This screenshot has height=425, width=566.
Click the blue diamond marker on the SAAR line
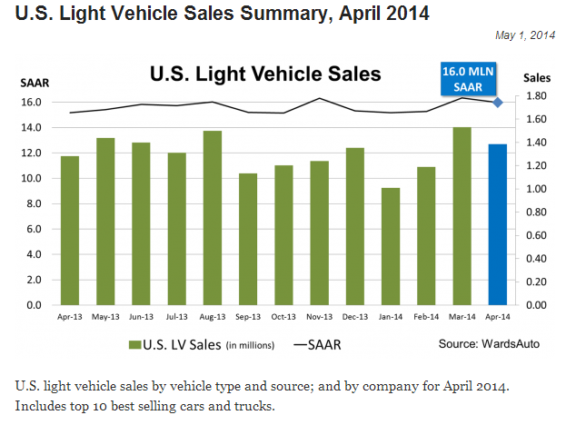(x=498, y=102)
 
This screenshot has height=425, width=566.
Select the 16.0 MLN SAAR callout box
(x=463, y=77)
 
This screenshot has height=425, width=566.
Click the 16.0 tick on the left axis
(x=32, y=102)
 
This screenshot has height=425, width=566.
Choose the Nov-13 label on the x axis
(x=319, y=317)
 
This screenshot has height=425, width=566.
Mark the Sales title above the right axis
(x=536, y=79)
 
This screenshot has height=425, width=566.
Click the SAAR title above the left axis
(x=32, y=83)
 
